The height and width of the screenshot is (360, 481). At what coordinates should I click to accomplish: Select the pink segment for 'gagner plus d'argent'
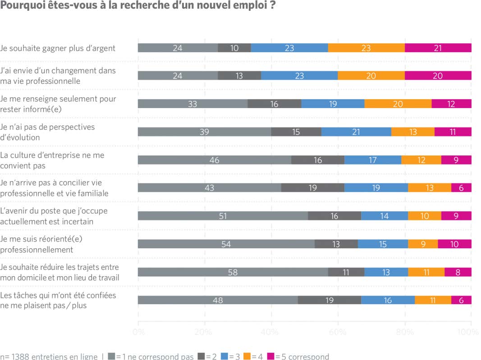[x=438, y=48]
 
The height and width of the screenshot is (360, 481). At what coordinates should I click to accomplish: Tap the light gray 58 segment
[x=233, y=272]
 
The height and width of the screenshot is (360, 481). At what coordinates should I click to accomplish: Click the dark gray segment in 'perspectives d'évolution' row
[x=296, y=132]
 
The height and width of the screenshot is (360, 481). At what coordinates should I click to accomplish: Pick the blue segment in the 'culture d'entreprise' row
[x=373, y=160]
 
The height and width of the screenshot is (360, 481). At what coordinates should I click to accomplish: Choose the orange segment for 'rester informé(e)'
[x=398, y=104]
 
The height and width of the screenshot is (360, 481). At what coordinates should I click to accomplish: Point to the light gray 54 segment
[x=226, y=244]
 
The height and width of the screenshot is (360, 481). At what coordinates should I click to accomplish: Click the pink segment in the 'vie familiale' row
[x=461, y=188]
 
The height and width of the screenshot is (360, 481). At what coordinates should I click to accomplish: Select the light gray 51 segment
[x=223, y=216]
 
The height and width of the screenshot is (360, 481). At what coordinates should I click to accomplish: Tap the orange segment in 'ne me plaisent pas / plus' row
[x=433, y=300]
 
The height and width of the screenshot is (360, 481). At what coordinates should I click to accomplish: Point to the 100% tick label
[x=469, y=333]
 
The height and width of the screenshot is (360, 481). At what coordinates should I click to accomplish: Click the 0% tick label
[x=138, y=333]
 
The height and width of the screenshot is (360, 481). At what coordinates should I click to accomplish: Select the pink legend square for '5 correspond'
[x=270, y=356]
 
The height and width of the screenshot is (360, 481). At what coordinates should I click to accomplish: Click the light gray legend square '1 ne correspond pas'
[x=111, y=356]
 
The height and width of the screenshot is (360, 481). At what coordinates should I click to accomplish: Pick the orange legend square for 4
[x=247, y=356]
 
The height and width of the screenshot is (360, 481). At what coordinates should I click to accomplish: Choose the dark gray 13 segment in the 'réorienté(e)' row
[x=336, y=244]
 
